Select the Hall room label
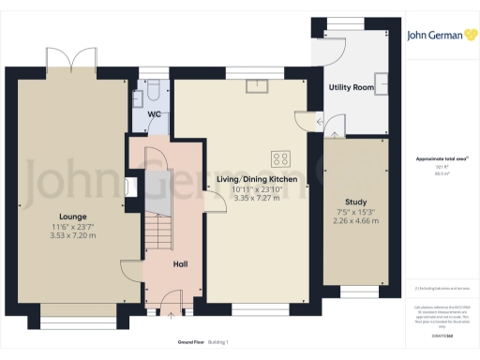click(x=183, y=264)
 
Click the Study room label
click(x=355, y=202)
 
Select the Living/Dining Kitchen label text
click(x=257, y=178)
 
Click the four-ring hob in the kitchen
click(x=279, y=157)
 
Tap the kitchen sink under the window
click(x=256, y=86)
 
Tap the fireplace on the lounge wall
click(x=130, y=186)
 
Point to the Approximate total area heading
click(x=436, y=158)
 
